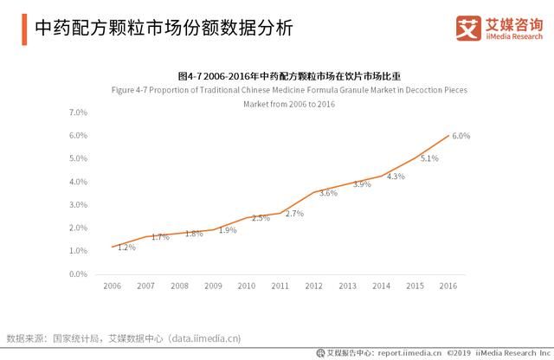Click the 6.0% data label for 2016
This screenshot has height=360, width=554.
[x=461, y=136]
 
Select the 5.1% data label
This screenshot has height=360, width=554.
[x=429, y=158]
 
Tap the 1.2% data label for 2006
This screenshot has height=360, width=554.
[x=126, y=247]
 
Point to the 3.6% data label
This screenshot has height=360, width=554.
[x=328, y=193]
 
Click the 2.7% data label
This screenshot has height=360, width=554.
[x=294, y=213]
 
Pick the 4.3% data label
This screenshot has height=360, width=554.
[x=396, y=177]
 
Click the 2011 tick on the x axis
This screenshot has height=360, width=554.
[x=280, y=286]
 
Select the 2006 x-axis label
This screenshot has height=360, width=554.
[x=113, y=286]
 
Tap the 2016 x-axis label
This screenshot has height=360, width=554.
[x=448, y=286]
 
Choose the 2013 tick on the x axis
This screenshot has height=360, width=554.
[x=347, y=286]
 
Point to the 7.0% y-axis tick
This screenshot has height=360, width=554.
[x=78, y=112]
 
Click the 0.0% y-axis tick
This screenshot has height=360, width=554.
[x=78, y=274]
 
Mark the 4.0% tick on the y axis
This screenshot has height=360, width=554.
[x=78, y=182]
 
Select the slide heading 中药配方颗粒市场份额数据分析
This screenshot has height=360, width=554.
[x=157, y=29]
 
